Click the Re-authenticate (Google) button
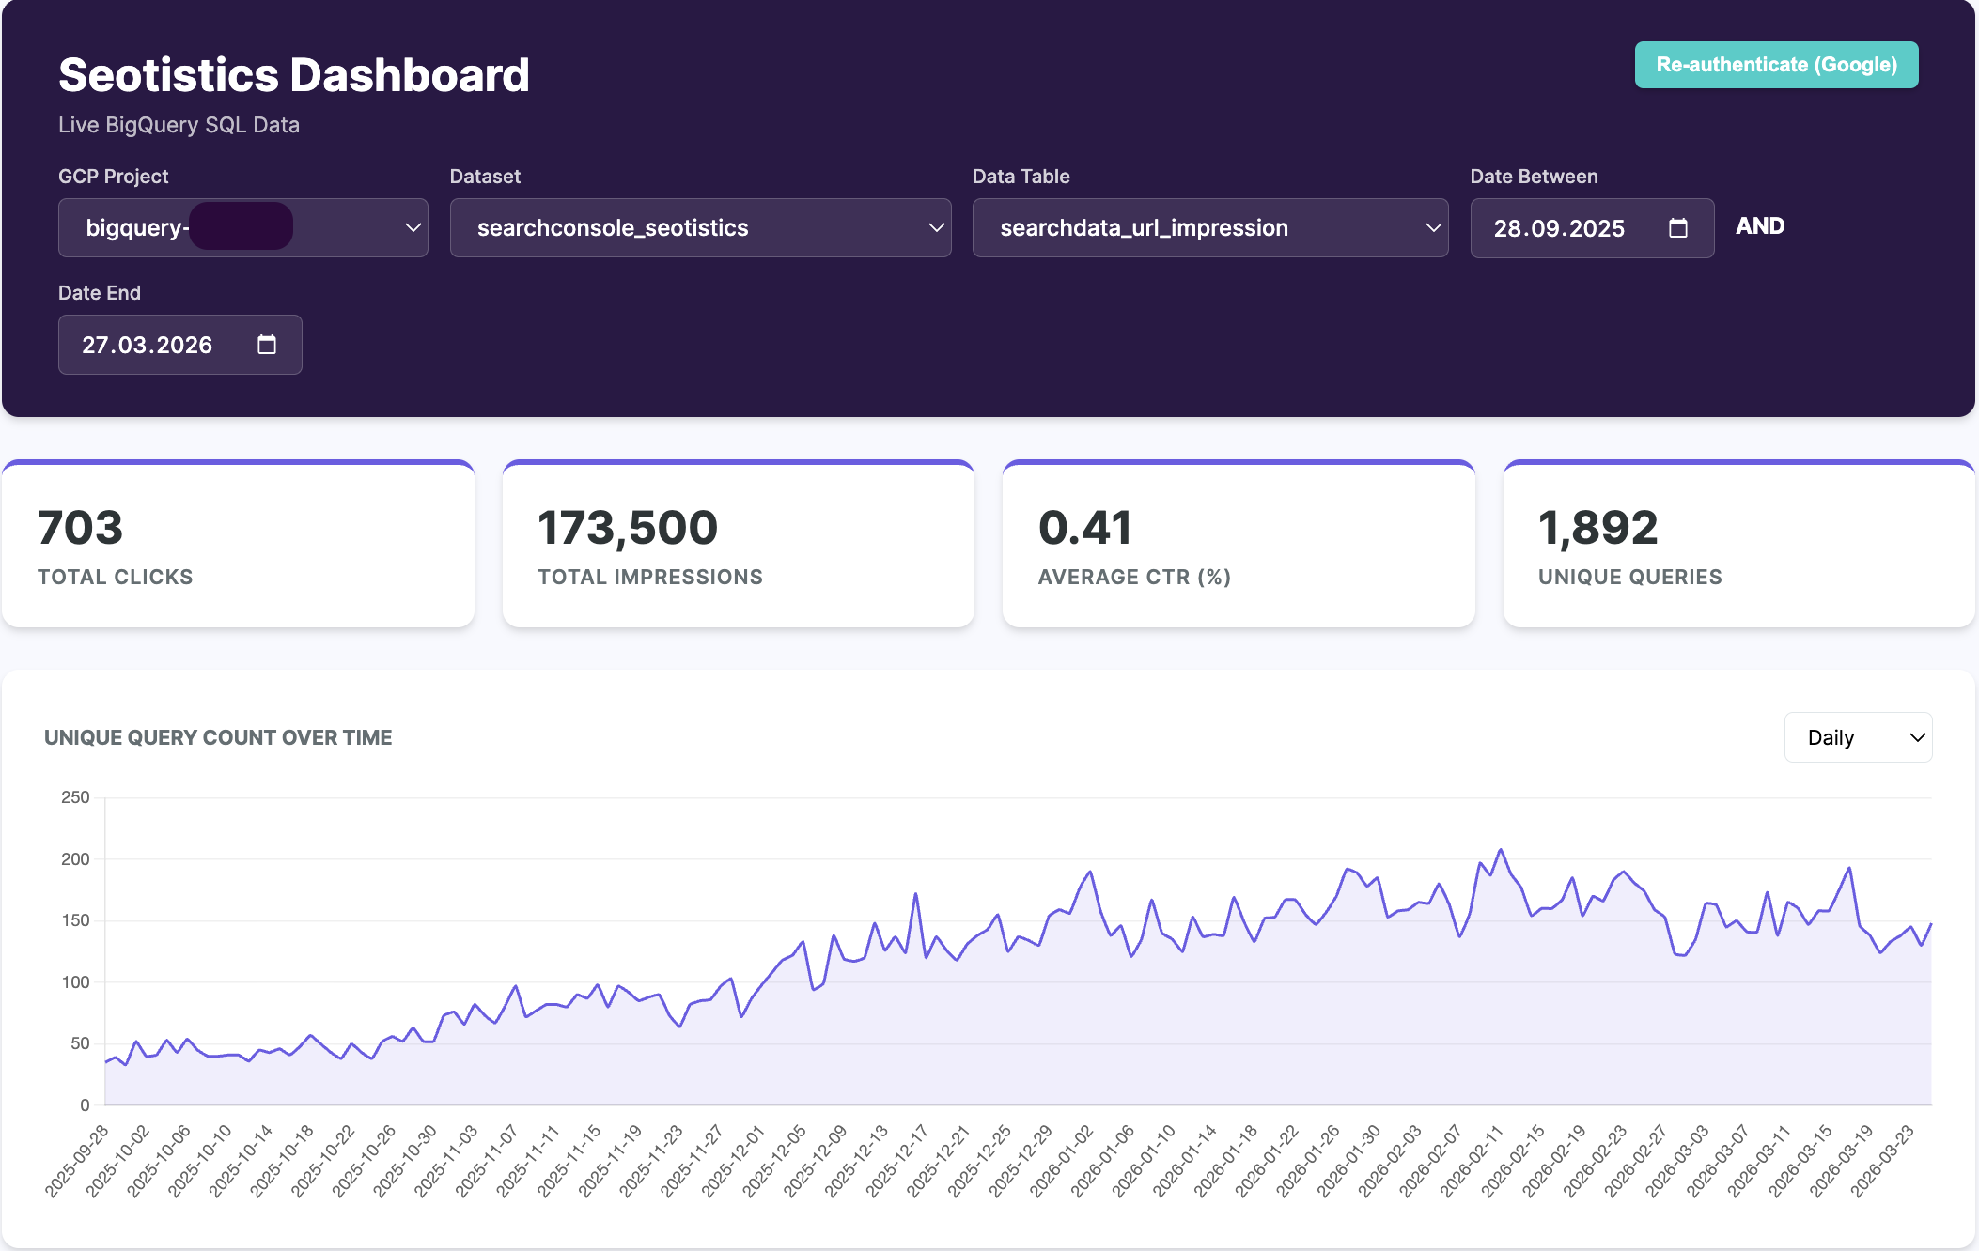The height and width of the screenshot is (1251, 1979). pyautogui.click(x=1776, y=65)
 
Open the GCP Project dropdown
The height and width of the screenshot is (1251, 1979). pyautogui.click(x=242, y=227)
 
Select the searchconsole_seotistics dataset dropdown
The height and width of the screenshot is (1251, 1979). pyautogui.click(x=700, y=227)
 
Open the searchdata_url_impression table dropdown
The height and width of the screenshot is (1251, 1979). pyautogui.click(x=1209, y=227)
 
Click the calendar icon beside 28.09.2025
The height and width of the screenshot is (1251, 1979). pyautogui.click(x=1677, y=228)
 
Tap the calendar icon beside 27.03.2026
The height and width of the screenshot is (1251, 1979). pyautogui.click(x=267, y=345)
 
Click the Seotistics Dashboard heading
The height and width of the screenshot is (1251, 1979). pyautogui.click(x=294, y=75)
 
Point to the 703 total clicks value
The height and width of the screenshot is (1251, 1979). pyautogui.click(x=81, y=528)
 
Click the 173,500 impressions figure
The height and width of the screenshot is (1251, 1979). pyautogui.click(x=628, y=528)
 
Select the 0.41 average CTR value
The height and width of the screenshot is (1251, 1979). pyautogui.click(x=1084, y=528)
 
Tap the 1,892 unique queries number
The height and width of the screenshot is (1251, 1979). pyautogui.click(x=1597, y=528)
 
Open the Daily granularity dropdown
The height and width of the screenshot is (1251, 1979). pyautogui.click(x=1858, y=737)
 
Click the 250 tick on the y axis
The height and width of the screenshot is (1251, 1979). pyautogui.click(x=75, y=797)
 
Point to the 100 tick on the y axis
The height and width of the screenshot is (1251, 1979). pyautogui.click(x=75, y=982)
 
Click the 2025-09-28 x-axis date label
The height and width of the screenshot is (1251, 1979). pyautogui.click(x=77, y=1162)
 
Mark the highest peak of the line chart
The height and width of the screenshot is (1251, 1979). pyautogui.click(x=1501, y=850)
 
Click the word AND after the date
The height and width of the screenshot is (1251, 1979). pyautogui.click(x=1759, y=226)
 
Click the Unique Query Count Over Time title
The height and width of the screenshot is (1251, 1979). pyautogui.click(x=218, y=737)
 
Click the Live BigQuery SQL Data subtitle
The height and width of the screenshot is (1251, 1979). pyautogui.click(x=179, y=125)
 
